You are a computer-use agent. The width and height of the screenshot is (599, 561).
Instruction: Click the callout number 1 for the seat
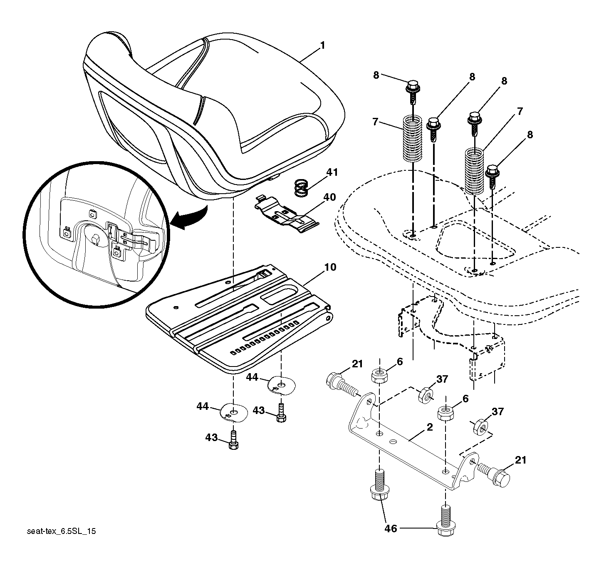pyautogui.click(x=323, y=46)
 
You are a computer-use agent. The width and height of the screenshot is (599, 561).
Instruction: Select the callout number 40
pyautogui.click(x=330, y=197)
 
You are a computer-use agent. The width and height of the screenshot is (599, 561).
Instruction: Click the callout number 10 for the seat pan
pyautogui.click(x=330, y=267)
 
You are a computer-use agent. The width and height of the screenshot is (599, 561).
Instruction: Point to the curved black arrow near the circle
pyautogui.click(x=188, y=217)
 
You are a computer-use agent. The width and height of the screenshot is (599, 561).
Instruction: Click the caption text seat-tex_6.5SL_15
pyautogui.click(x=62, y=531)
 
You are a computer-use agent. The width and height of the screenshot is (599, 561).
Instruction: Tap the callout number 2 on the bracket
pyautogui.click(x=430, y=427)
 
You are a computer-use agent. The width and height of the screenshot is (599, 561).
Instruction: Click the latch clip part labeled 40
pyautogui.click(x=287, y=214)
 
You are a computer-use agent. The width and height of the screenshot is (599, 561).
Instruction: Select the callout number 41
pyautogui.click(x=332, y=172)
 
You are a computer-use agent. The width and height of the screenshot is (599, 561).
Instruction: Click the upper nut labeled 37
pyautogui.click(x=426, y=395)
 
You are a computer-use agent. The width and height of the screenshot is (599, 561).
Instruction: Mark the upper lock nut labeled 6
pyautogui.click(x=380, y=376)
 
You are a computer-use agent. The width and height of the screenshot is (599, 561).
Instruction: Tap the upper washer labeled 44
pyautogui.click(x=282, y=385)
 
